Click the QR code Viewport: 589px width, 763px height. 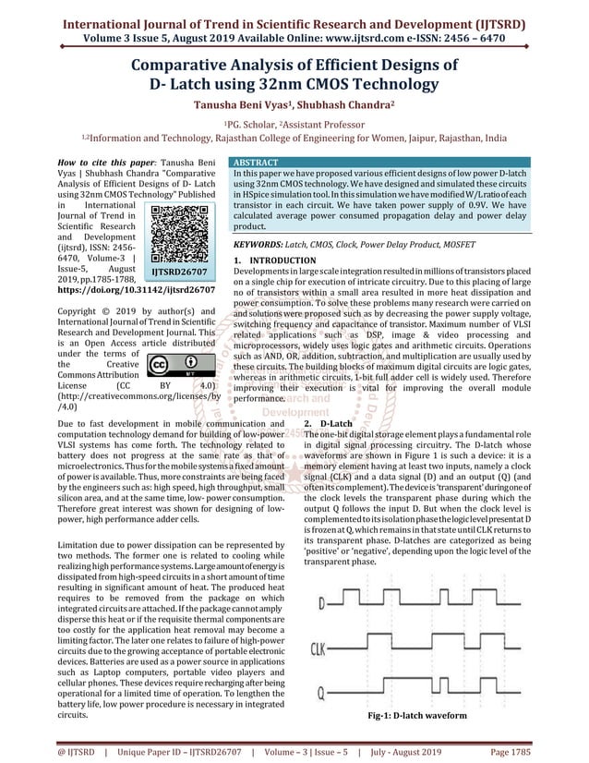pos(178,234)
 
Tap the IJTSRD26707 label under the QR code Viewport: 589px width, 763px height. pos(178,273)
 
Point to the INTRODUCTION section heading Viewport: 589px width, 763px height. pos(276,261)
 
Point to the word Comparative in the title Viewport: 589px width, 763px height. pos(198,66)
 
